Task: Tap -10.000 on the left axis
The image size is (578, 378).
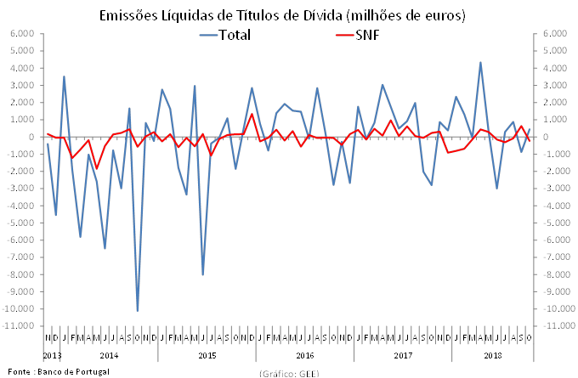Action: click(x=20, y=308)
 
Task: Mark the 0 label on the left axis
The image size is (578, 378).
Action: click(x=31, y=137)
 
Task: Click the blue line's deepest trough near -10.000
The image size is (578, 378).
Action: click(x=138, y=311)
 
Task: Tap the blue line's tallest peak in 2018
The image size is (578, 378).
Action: click(x=480, y=62)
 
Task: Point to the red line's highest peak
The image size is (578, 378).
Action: click(x=252, y=114)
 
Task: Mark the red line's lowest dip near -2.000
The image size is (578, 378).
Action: click(x=97, y=168)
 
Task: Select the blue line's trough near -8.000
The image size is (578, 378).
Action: click(x=202, y=274)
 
